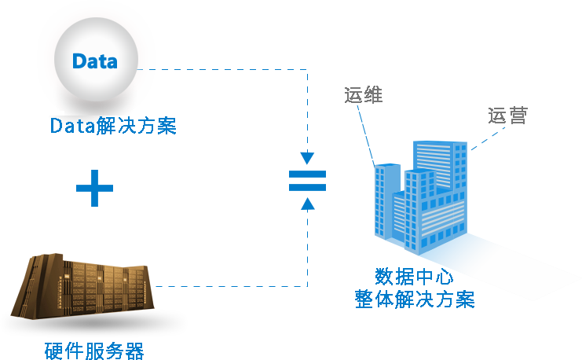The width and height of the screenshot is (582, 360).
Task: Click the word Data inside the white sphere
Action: pyautogui.click(x=95, y=61)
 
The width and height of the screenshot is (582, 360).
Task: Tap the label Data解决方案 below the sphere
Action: pyautogui.click(x=112, y=126)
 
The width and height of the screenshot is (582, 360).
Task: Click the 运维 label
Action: pyautogui.click(x=362, y=95)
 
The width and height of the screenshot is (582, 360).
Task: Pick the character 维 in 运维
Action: pyautogui.click(x=372, y=95)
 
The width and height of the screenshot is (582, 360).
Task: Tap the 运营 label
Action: pyautogui.click(x=507, y=115)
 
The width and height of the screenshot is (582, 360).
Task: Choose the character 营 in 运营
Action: pyautogui.click(x=518, y=115)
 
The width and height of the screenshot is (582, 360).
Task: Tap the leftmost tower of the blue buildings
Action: pyautogui.click(x=386, y=200)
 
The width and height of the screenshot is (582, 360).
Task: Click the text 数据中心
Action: pyautogui.click(x=414, y=277)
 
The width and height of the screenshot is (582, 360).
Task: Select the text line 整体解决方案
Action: pyautogui.click(x=415, y=299)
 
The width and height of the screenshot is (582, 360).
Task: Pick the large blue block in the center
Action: pyautogui.click(x=196, y=173)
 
